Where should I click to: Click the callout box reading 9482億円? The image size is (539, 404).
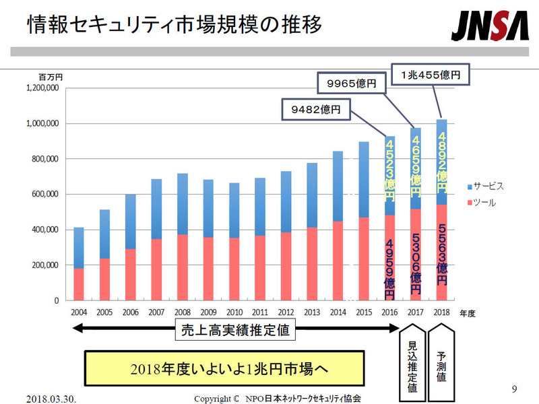point(315,108)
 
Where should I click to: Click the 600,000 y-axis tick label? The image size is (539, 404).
point(44,195)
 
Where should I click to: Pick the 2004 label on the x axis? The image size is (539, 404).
point(79,312)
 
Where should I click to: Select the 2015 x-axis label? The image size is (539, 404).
point(363,312)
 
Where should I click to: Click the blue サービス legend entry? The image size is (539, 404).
point(484,185)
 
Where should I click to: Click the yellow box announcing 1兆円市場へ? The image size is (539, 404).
point(224,369)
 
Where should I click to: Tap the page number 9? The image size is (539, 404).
point(514,389)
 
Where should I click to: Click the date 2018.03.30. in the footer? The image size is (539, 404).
point(52,398)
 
